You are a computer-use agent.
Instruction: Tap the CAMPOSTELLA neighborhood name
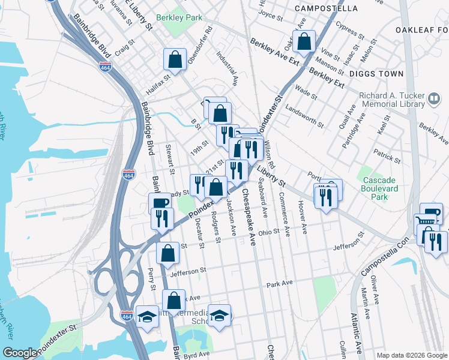point(327,8)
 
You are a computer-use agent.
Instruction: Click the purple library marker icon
point(434,97)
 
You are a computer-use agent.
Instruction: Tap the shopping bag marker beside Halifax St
point(174,59)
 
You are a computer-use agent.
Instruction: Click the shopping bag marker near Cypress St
point(304,42)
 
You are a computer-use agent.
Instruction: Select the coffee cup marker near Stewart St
point(159,203)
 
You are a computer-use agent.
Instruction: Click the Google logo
point(19,353)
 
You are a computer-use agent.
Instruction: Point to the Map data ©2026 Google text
point(411,355)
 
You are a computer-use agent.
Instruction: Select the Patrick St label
point(387,156)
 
